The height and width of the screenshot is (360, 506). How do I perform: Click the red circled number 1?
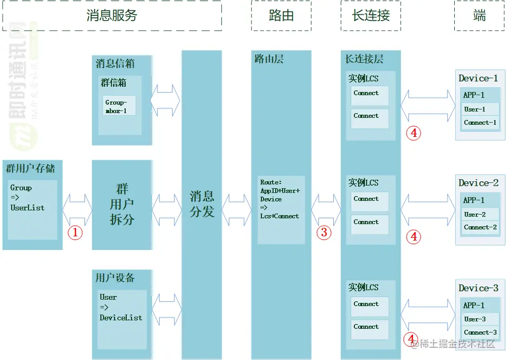click(x=75, y=232)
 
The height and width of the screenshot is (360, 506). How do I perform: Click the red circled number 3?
click(x=324, y=232)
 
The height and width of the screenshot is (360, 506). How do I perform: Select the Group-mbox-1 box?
click(x=119, y=106)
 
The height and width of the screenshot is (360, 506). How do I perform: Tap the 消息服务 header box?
click(x=111, y=15)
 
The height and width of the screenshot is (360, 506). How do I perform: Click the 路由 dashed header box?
click(x=281, y=15)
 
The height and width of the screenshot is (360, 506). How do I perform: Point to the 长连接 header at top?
click(x=371, y=15)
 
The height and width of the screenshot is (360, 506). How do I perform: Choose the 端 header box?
click(x=480, y=15)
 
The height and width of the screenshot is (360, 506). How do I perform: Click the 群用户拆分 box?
click(x=122, y=205)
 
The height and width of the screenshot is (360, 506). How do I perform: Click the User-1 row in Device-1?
click(x=480, y=109)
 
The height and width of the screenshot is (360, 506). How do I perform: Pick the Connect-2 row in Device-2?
click(x=480, y=227)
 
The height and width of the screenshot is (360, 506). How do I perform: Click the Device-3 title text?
click(x=478, y=288)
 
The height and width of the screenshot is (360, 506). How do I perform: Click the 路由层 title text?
click(x=269, y=59)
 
